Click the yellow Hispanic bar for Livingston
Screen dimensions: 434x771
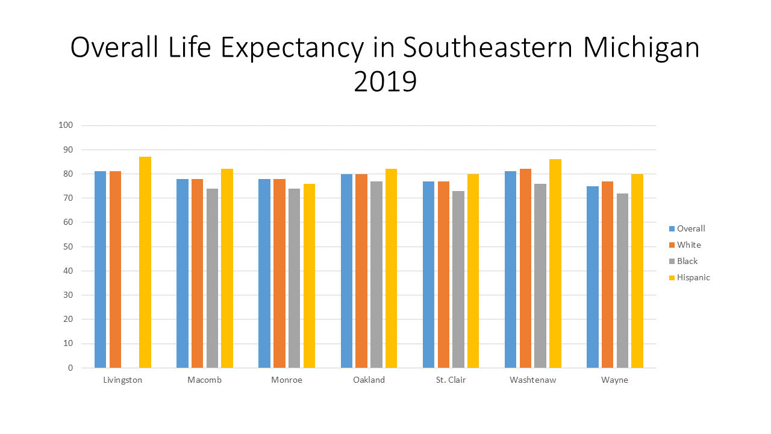click(x=145, y=262)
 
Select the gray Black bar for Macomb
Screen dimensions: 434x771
click(x=212, y=278)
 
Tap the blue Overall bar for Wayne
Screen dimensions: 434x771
click(x=593, y=277)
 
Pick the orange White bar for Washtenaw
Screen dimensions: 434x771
click(x=526, y=268)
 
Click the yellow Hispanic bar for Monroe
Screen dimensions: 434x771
click(x=309, y=275)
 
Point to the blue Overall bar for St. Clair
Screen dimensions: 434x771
click(x=428, y=274)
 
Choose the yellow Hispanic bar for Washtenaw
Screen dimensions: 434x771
click(x=555, y=263)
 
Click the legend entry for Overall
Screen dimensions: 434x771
click(x=690, y=228)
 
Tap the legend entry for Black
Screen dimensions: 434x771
click(x=687, y=261)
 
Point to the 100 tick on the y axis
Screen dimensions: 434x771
click(x=66, y=125)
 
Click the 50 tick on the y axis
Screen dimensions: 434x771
click(x=67, y=247)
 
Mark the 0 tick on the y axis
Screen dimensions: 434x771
click(x=70, y=368)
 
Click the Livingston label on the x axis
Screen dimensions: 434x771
click(x=123, y=380)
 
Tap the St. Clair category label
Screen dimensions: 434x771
click(x=451, y=380)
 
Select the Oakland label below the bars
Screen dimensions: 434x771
click(x=369, y=380)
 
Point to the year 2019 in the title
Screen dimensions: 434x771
click(x=385, y=81)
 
